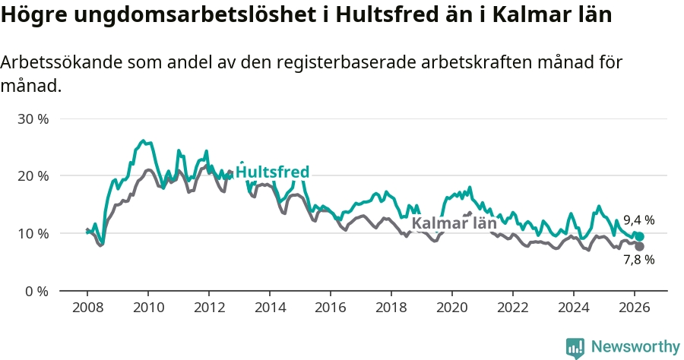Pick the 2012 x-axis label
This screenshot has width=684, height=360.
coord(209,307)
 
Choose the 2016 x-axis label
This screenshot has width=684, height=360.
coord(331,307)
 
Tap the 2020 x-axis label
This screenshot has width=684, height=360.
coord(452,307)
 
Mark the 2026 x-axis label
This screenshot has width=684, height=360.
coord(635,307)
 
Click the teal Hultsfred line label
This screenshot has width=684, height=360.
coord(272,172)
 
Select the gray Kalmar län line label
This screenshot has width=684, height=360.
coord(454,223)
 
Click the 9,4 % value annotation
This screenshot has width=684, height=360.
coord(638,220)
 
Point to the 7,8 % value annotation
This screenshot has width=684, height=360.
coord(638,260)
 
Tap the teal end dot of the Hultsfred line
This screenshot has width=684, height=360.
coord(639,237)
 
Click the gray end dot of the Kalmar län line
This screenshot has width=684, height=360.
coord(639,246)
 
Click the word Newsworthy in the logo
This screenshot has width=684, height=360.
coord(635,347)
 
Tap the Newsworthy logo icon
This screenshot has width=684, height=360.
coord(575,348)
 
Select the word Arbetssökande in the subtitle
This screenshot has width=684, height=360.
coord(56,63)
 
